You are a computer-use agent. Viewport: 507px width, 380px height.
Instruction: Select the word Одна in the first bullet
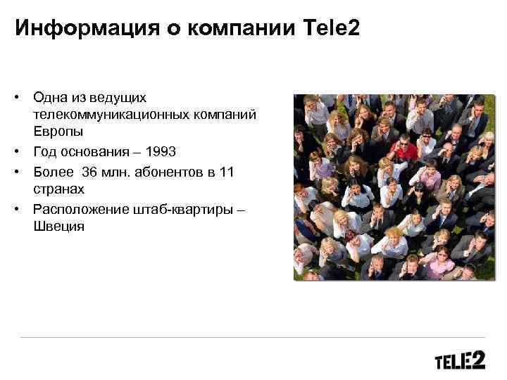pyautogui.click(x=49, y=97)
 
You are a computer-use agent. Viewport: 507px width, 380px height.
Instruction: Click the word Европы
pyautogui.click(x=57, y=131)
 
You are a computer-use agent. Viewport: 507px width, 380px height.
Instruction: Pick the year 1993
pyautogui.click(x=156, y=151)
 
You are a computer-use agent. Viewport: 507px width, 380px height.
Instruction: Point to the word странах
pyautogui.click(x=58, y=189)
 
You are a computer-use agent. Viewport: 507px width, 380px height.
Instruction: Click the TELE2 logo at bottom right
pyautogui.click(x=460, y=361)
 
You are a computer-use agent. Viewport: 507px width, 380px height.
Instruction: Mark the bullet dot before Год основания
pyautogui.click(x=22, y=151)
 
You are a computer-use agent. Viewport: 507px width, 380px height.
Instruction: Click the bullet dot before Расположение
pyautogui.click(x=22, y=209)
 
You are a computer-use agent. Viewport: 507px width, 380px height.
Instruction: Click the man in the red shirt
pyautogui.click(x=405, y=151)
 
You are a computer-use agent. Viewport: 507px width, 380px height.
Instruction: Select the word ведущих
pyautogui.click(x=120, y=97)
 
